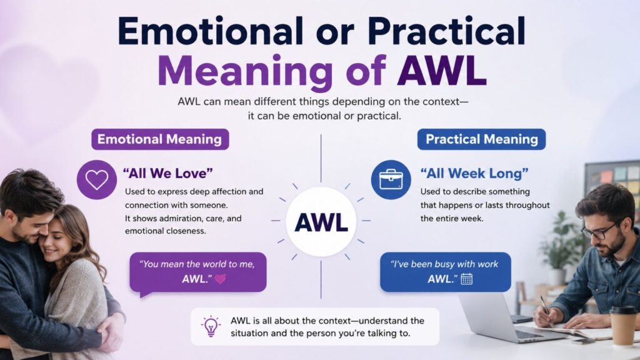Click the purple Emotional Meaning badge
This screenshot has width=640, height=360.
160,139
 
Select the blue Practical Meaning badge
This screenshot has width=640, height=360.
481,139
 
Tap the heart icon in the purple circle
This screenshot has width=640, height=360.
97,179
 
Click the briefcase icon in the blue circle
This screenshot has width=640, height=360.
391,179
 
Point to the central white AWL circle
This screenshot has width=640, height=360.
321,222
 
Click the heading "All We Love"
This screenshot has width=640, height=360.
167,174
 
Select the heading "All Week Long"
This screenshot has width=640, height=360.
474,174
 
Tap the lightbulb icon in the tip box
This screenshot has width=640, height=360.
211,326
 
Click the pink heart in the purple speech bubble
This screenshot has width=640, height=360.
221,279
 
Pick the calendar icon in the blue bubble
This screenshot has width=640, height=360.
466,279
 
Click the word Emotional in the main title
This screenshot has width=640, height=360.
211,32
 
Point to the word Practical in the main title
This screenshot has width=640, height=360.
446,32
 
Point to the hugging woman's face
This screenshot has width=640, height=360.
57,239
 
